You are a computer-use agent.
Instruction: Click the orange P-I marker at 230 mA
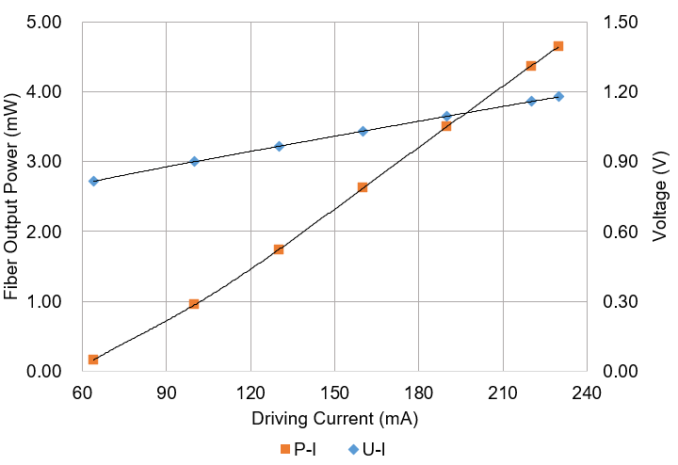point(558,46)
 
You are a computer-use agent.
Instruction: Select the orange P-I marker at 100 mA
point(194,304)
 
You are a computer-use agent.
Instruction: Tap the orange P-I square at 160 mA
point(363,187)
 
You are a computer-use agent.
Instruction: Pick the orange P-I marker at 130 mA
point(279,249)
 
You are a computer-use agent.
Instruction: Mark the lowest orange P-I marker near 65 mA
point(93,360)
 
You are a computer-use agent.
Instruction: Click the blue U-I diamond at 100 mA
point(194,162)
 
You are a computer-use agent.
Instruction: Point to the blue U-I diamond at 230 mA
point(558,97)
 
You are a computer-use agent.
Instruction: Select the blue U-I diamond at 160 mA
point(363,132)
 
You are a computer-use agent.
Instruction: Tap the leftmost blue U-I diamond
point(93,181)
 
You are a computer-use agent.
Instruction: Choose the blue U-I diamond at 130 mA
point(279,146)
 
